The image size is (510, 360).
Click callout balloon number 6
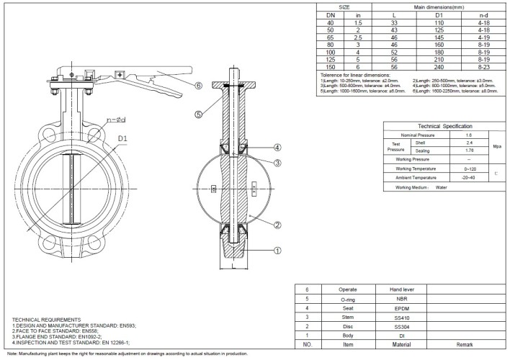point(197,85)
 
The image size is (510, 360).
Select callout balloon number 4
point(277,147)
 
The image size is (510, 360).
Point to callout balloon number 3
point(277,163)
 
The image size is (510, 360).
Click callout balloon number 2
point(277,224)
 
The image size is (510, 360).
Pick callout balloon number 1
point(277,251)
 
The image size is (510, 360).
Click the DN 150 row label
point(331,68)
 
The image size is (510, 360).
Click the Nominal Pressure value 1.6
point(470,135)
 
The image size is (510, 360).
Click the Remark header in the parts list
point(473,344)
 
